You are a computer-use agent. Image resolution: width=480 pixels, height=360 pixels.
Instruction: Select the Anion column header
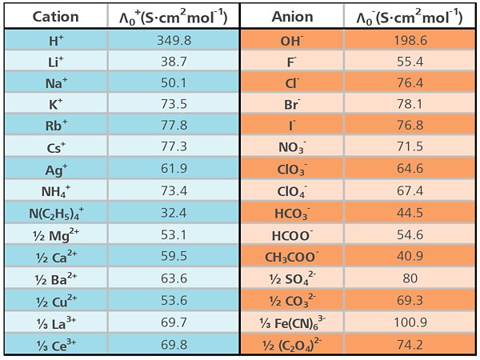tap(292, 17)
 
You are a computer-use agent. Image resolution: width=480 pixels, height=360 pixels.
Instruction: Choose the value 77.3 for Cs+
tap(173, 147)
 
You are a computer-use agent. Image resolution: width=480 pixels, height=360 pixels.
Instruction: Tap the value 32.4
tap(173, 213)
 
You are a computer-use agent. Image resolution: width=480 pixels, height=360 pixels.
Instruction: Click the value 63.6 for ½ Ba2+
tap(173, 278)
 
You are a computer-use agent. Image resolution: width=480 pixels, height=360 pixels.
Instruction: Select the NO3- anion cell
tap(292, 147)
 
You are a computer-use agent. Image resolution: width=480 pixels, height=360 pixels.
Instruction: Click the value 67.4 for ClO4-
tap(411, 190)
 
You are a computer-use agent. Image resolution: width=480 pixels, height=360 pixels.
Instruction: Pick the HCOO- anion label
tap(292, 234)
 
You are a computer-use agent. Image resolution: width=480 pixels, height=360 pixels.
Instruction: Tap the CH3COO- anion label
tap(292, 256)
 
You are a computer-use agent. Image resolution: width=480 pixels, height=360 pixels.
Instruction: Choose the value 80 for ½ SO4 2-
tap(411, 278)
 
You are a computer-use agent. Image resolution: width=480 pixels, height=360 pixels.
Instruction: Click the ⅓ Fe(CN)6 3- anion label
tap(292, 322)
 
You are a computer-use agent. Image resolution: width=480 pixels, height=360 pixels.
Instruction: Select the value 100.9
tap(411, 322)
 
